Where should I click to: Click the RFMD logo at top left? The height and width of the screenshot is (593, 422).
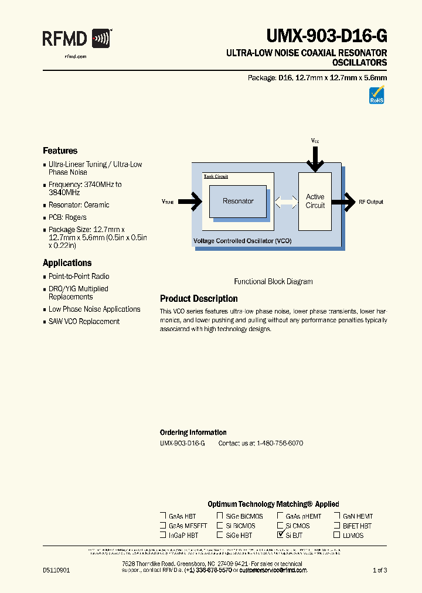(77, 39)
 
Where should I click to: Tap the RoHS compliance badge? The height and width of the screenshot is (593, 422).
(376, 95)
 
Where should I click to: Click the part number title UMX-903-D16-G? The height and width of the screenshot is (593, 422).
(326, 37)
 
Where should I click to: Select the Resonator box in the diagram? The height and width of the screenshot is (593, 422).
(238, 202)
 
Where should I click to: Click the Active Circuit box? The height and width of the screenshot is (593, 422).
(315, 201)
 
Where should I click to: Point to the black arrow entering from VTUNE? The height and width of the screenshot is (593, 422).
(189, 202)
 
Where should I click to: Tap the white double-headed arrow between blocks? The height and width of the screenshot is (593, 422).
(286, 202)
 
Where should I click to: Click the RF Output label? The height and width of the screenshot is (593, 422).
(371, 202)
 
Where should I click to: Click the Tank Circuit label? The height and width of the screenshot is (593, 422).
(216, 176)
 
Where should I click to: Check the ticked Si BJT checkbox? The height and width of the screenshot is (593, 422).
(280, 535)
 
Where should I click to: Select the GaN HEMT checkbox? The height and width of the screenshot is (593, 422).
(337, 516)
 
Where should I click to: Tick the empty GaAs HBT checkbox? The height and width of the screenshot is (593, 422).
(163, 516)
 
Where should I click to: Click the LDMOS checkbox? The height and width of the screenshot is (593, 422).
(337, 535)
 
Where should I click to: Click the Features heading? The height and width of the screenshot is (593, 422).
(60, 151)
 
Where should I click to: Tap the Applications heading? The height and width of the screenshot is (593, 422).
(67, 263)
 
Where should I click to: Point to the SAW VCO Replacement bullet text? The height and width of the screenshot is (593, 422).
(84, 322)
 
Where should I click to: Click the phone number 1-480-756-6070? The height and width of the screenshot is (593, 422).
(280, 444)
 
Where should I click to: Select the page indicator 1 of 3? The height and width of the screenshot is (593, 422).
(380, 570)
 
